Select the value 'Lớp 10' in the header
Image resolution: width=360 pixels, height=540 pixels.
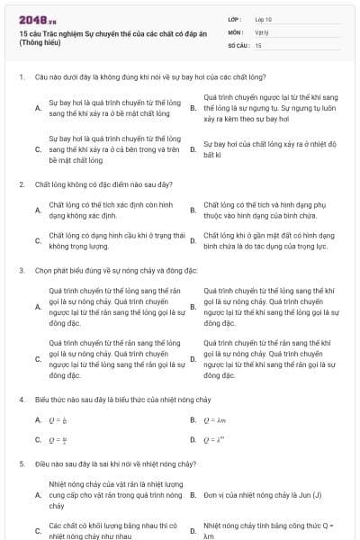pos(263,18)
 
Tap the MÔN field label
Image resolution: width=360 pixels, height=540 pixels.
pos(235,31)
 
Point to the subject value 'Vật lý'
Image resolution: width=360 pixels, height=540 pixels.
pos(262,31)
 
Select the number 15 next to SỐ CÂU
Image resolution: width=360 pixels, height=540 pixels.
pos(258,43)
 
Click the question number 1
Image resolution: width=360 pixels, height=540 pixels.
pos(22,77)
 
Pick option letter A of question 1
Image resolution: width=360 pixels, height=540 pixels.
pos(37,107)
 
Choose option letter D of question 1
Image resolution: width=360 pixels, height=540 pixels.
pos(193,149)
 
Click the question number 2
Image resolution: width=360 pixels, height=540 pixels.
pos(22,184)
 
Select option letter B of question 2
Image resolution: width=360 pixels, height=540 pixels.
pos(193,211)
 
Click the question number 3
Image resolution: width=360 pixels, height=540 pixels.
pos(22,270)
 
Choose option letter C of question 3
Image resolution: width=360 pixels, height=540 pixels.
pos(37,358)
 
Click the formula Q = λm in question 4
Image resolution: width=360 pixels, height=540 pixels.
pos(213,419)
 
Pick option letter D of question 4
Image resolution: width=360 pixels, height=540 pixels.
pos(193,439)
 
